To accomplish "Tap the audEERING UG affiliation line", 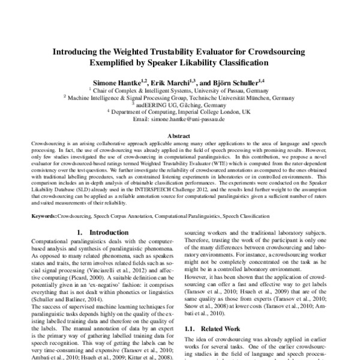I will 180,103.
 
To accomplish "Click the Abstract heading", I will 180,137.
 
